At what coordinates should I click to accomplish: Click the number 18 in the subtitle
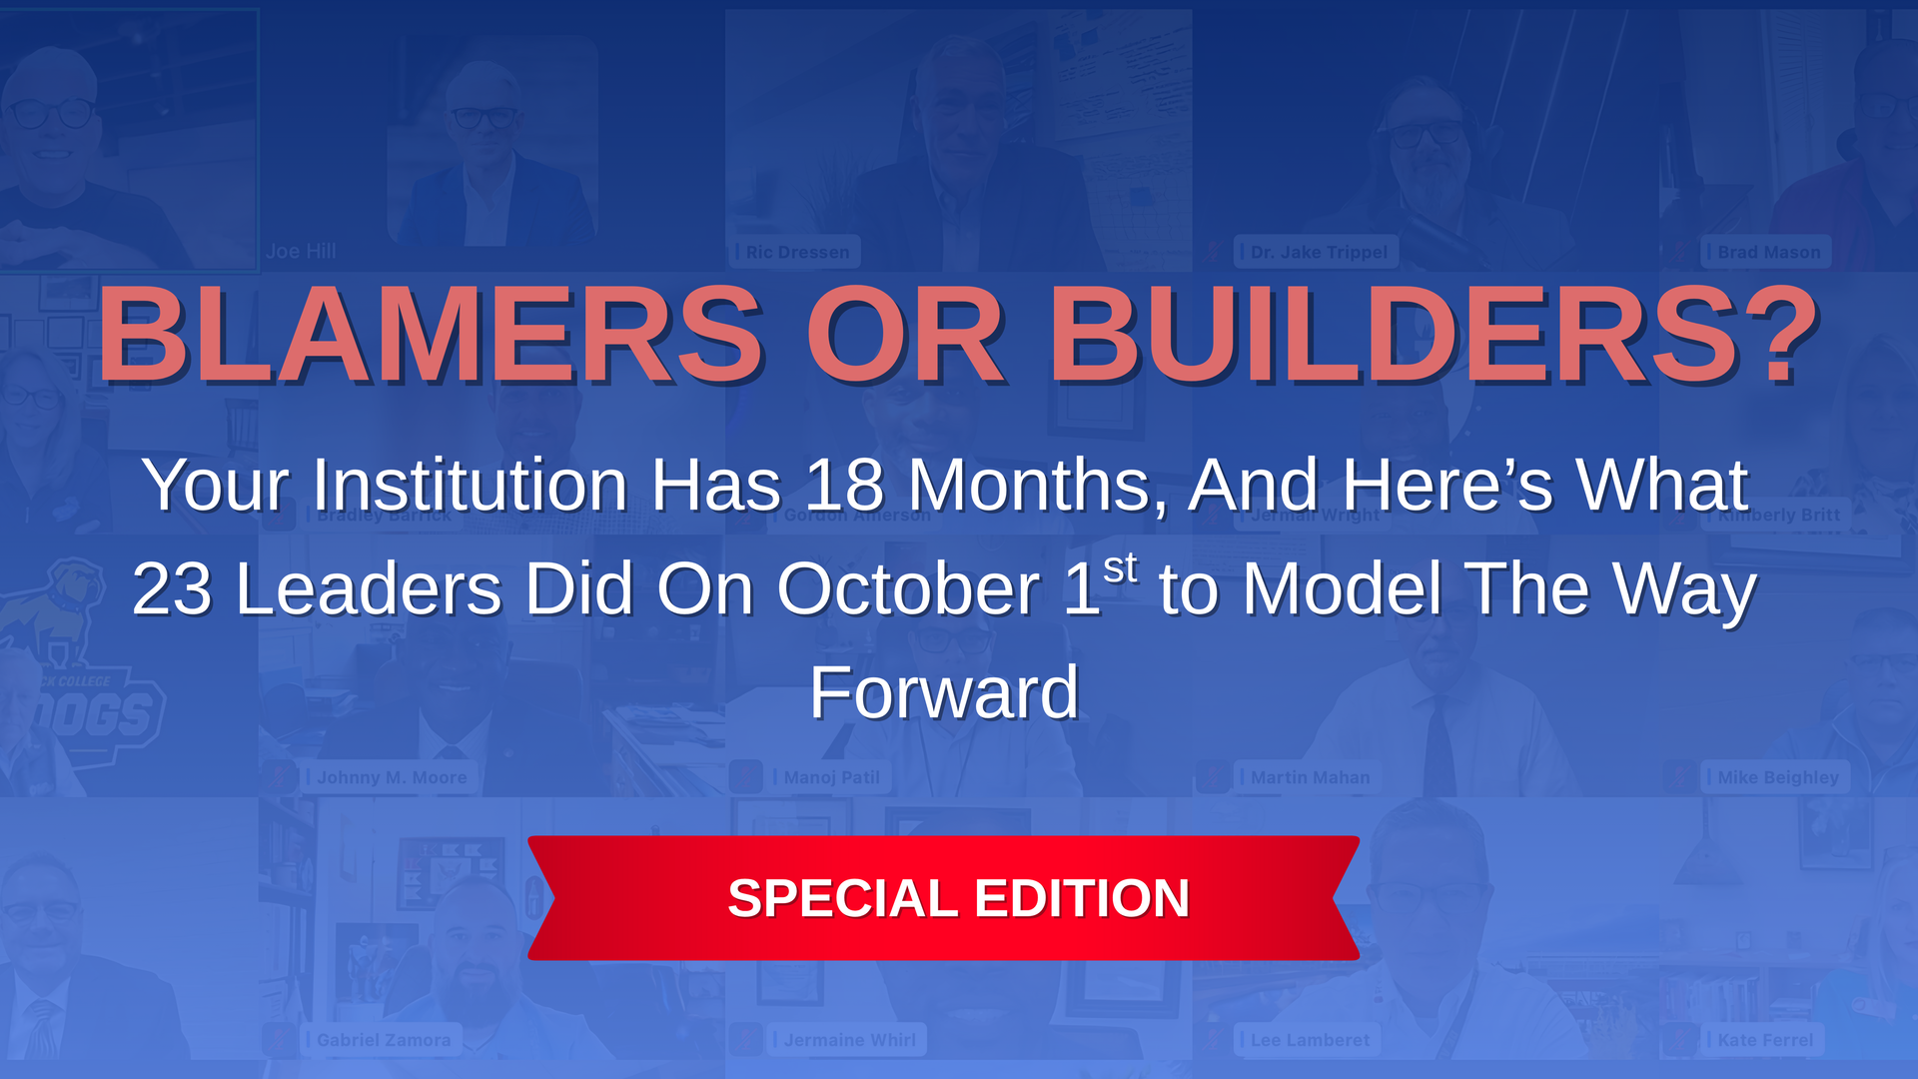click(x=844, y=486)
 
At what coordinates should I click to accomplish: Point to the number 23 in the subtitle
click(x=172, y=589)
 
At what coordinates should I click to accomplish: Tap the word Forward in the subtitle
click(x=944, y=692)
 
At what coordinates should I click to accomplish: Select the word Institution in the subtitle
click(x=470, y=486)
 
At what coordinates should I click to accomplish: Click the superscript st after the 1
click(x=1121, y=567)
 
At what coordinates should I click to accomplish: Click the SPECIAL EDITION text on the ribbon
click(x=958, y=898)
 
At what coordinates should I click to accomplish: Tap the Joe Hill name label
click(x=301, y=252)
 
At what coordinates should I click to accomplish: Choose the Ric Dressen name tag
click(x=797, y=252)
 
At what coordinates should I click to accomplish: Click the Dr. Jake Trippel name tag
click(x=1318, y=252)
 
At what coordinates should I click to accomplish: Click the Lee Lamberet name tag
click(x=1310, y=1040)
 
